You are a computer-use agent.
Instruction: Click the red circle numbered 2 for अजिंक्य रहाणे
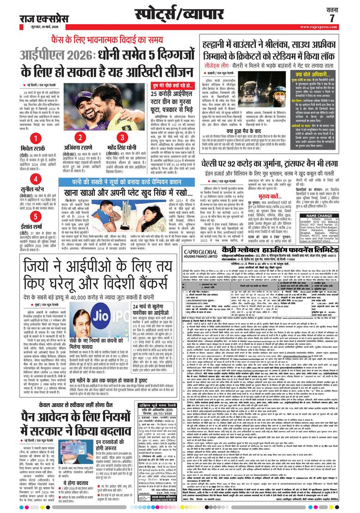point(80,138)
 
